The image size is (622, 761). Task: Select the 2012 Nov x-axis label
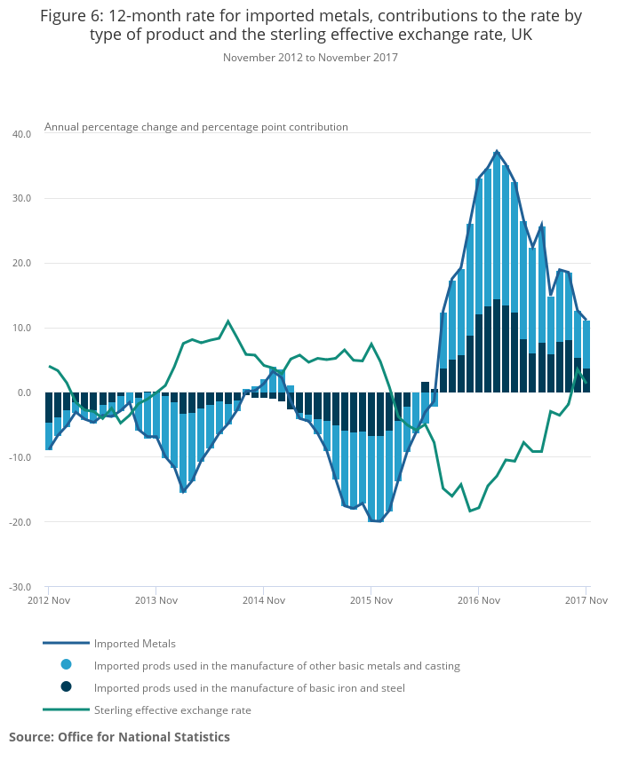(49, 601)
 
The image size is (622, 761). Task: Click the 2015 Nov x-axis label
(371, 601)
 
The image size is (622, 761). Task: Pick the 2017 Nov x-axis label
(586, 601)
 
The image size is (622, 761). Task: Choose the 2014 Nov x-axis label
(263, 601)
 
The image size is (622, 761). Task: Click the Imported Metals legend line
(67, 643)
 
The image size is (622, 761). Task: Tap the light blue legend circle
(67, 664)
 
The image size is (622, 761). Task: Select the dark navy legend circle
(67, 686)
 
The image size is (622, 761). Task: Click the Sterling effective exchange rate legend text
(172, 709)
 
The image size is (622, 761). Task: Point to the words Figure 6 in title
(70, 16)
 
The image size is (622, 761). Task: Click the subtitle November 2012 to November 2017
(310, 58)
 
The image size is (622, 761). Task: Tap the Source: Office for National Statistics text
(119, 737)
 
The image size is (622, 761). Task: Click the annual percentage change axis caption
(196, 127)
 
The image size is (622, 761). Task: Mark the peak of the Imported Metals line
(497, 151)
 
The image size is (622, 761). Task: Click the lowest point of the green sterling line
(470, 511)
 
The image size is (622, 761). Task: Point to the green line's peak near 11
(228, 321)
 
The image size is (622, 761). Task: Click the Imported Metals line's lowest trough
(379, 521)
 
